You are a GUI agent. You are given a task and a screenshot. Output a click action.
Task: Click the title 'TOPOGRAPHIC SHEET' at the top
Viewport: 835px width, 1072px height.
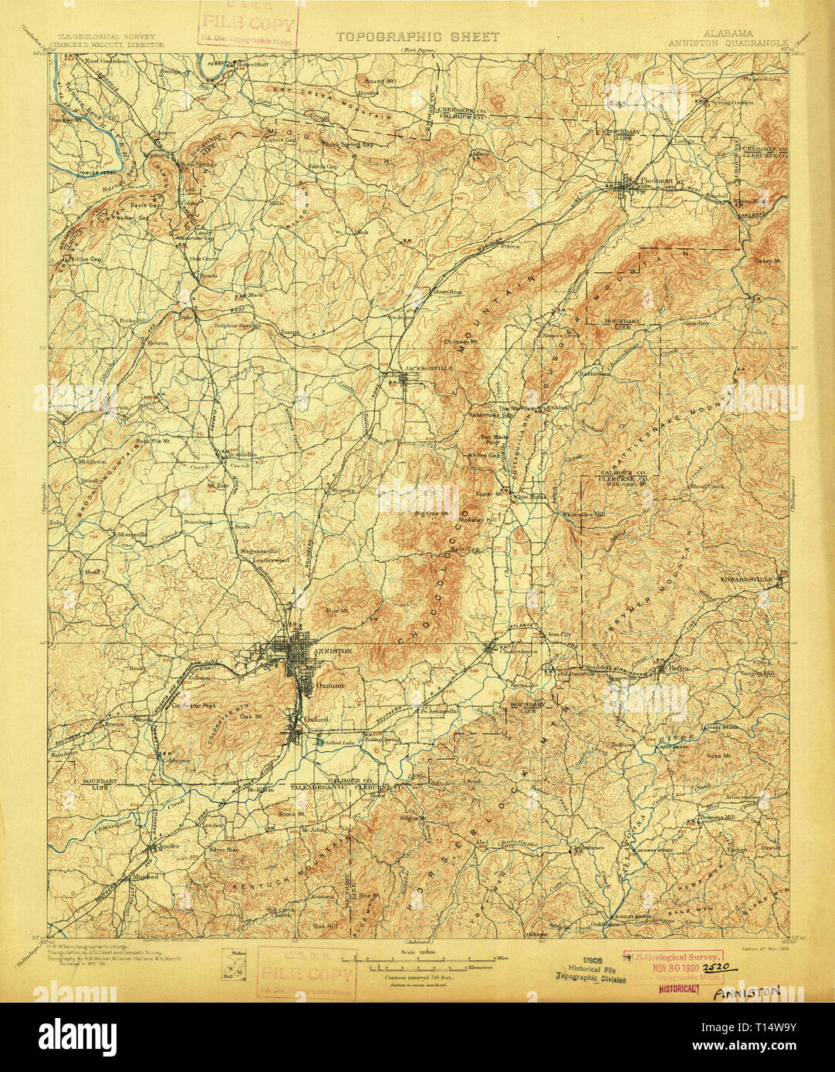pyautogui.click(x=417, y=36)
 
